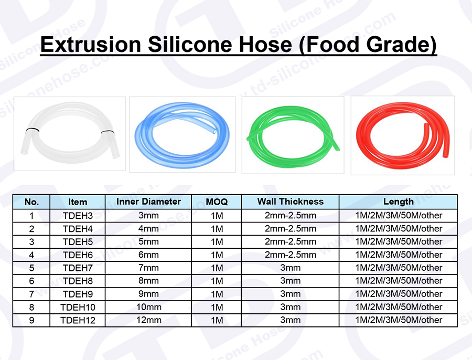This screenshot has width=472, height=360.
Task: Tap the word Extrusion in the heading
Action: click(x=91, y=45)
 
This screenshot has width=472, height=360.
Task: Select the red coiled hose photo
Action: click(x=403, y=135)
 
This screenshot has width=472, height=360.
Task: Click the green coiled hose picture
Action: click(x=293, y=135)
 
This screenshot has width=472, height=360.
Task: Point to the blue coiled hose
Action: click(x=183, y=134)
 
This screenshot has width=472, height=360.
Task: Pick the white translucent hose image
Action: click(x=70, y=134)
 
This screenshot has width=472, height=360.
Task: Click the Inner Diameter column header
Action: click(x=148, y=202)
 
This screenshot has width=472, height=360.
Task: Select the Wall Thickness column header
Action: click(x=290, y=202)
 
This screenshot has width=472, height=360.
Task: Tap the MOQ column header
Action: click(x=217, y=202)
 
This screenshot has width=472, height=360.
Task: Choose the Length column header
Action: click(x=398, y=202)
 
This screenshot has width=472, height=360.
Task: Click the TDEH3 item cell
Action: click(x=78, y=216)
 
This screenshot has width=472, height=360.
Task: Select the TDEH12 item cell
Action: click(x=78, y=320)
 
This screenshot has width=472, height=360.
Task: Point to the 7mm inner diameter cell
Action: click(x=148, y=268)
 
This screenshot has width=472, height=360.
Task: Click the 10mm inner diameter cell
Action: click(x=148, y=307)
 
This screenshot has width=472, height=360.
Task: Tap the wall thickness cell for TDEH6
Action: click(x=290, y=255)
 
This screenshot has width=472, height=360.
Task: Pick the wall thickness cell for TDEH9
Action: click(x=290, y=294)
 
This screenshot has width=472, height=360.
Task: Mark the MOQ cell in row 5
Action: click(x=217, y=268)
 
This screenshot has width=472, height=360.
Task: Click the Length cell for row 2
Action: click(x=398, y=229)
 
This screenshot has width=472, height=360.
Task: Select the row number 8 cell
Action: click(x=31, y=308)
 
